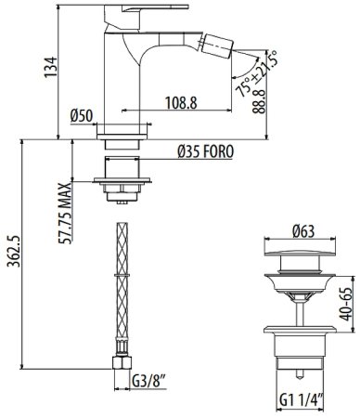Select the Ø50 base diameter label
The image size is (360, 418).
[83, 116]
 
